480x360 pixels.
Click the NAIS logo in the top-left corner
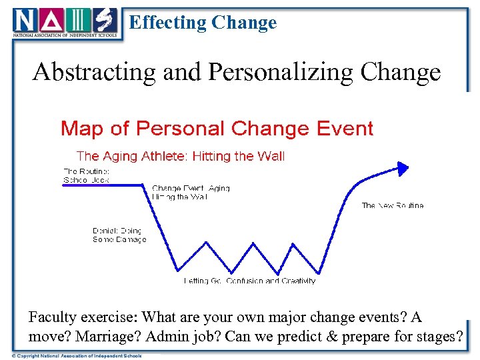point(65,23)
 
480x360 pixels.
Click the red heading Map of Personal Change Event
point(217,128)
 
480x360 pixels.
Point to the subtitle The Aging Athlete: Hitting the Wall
point(180,156)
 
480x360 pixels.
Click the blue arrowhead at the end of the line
point(403,168)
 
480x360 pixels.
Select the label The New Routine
point(392,205)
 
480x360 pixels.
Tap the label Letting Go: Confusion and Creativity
point(249,281)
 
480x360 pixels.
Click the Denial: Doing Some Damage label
point(119,235)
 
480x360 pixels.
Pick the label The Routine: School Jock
point(86,175)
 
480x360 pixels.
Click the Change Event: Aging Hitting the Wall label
point(191,193)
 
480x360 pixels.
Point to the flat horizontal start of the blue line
point(103,185)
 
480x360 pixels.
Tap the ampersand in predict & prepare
point(332,335)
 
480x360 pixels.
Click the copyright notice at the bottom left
point(77,355)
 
